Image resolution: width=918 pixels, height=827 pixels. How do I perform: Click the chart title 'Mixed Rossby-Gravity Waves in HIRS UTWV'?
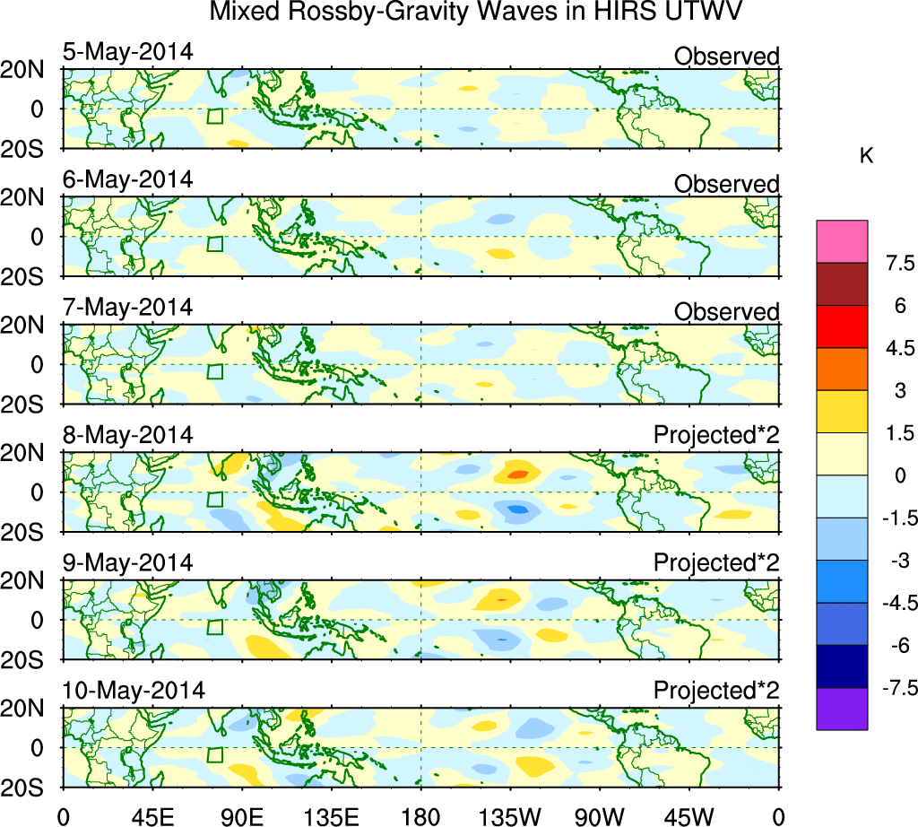point(476,13)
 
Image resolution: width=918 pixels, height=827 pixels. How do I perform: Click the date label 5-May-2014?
point(127,52)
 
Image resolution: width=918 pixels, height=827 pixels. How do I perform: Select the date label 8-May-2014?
point(127,435)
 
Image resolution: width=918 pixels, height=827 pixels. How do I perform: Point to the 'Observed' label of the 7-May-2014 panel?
point(726,311)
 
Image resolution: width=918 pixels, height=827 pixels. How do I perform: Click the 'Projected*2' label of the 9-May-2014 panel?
point(716,563)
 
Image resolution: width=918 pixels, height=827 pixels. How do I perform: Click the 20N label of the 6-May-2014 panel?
point(30,197)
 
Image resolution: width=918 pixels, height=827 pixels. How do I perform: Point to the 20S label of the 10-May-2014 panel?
point(30,787)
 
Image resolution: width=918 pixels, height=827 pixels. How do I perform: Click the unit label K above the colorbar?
point(866,156)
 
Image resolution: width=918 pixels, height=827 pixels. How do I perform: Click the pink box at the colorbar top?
point(842,241)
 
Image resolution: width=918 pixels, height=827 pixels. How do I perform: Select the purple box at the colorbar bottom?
point(842,709)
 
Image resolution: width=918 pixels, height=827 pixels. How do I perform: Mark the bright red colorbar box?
point(842,326)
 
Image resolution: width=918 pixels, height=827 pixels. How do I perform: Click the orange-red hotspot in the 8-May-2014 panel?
point(516,473)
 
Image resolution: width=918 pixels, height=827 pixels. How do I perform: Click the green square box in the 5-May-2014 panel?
point(214,117)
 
